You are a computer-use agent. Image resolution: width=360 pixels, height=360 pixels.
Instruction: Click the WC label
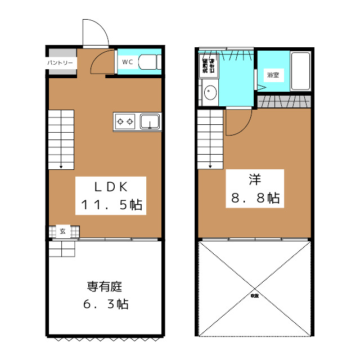point(127,62)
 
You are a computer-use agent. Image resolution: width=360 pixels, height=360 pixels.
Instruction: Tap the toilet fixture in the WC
point(148,62)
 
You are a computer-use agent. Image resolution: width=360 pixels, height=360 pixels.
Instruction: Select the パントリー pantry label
point(60,62)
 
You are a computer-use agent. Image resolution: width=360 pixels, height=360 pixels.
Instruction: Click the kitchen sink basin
point(150,121)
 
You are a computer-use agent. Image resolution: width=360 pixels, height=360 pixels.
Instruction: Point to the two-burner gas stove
point(125,121)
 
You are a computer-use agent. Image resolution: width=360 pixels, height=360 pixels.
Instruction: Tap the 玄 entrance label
point(63,231)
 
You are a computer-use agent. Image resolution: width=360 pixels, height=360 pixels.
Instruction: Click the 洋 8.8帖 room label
point(254,188)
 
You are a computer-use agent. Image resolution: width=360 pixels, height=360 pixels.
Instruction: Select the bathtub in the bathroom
point(301,71)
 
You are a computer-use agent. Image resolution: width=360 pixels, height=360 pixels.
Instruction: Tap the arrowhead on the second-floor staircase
point(210,165)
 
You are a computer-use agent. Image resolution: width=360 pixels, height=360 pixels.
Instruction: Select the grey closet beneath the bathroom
point(284,101)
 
